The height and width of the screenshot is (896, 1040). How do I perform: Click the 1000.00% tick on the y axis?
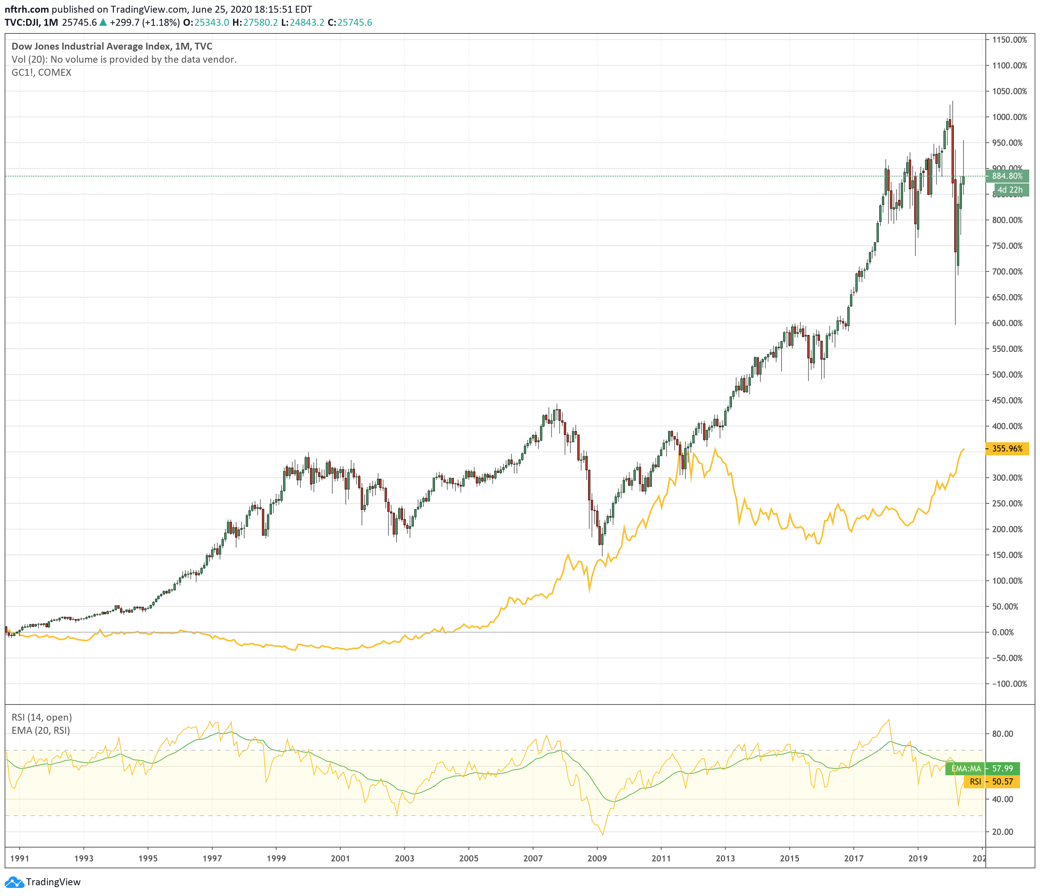(x=1009, y=117)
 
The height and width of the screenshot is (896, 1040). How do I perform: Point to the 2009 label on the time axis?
(x=597, y=858)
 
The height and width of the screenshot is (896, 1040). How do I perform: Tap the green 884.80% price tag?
(x=1007, y=176)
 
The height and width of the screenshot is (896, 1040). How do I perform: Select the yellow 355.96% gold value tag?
(x=1007, y=448)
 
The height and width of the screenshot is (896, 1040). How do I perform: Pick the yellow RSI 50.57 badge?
(x=991, y=781)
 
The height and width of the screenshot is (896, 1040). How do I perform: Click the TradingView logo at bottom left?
(x=42, y=881)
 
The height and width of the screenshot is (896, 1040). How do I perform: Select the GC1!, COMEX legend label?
(x=41, y=72)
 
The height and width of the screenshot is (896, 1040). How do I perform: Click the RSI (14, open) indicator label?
(x=42, y=717)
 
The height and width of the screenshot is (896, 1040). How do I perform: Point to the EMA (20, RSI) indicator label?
(x=41, y=730)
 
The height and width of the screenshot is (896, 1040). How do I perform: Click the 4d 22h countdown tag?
(x=1009, y=190)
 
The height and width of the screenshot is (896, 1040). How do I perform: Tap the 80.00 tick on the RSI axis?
(x=1002, y=733)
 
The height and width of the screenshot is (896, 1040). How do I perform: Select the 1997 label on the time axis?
(x=212, y=858)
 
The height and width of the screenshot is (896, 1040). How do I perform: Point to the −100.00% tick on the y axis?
(x=1007, y=684)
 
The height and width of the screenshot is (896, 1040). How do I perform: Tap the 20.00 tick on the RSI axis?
(x=1002, y=831)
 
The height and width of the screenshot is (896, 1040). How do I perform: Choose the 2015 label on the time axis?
(x=789, y=858)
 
